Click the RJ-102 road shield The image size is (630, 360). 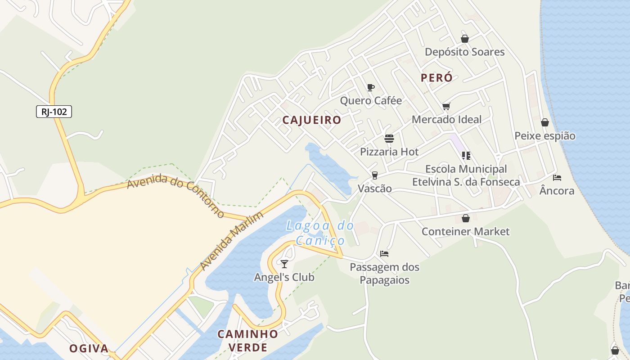(x=54, y=112)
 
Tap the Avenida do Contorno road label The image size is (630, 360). (x=175, y=196)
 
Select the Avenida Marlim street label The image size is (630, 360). (x=231, y=241)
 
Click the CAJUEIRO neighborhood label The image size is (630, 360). (x=312, y=120)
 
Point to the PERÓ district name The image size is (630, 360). (x=436, y=77)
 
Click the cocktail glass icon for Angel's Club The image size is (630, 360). (x=284, y=264)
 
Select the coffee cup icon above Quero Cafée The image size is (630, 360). (x=370, y=87)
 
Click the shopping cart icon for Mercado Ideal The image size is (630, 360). (x=446, y=107)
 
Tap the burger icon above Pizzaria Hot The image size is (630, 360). (x=389, y=138)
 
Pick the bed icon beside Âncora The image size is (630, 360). (x=557, y=178)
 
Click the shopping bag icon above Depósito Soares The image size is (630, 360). (x=465, y=39)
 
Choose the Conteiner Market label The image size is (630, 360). (x=465, y=231)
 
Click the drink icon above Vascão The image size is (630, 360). (x=374, y=175)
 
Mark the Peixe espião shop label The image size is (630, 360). (x=545, y=136)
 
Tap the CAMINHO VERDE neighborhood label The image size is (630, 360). (x=247, y=341)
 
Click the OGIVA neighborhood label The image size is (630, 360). (x=89, y=348)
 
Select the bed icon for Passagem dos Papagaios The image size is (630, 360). (x=384, y=254)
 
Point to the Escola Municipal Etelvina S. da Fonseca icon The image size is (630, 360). (x=466, y=156)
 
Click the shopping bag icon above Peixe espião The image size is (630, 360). (x=545, y=122)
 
